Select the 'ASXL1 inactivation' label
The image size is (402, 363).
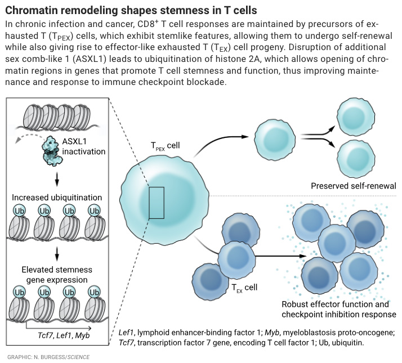(x=84, y=146)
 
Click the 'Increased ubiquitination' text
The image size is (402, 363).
(x=57, y=198)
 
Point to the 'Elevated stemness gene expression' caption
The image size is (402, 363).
(x=57, y=274)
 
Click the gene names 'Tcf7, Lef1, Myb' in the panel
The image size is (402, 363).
(x=60, y=336)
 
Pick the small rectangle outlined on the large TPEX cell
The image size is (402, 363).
(x=157, y=203)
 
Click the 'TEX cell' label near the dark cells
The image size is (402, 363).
(x=244, y=288)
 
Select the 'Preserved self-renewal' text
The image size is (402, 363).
(x=353, y=186)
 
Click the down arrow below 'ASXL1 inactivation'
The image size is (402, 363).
(x=57, y=180)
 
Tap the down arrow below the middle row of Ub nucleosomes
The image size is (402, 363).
(x=57, y=252)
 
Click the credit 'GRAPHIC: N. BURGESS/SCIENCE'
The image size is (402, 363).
(x=48, y=357)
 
